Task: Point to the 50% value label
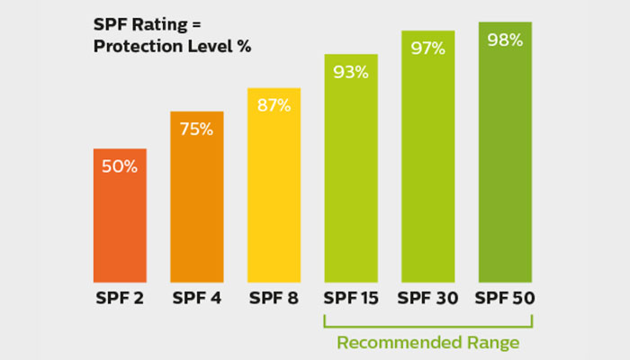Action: [x=120, y=166]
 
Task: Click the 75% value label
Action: [x=196, y=129]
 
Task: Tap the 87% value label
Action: [x=274, y=105]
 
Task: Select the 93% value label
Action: [x=351, y=72]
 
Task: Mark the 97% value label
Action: [x=427, y=48]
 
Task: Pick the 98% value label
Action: [x=505, y=40]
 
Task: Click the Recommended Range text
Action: [x=428, y=342]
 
